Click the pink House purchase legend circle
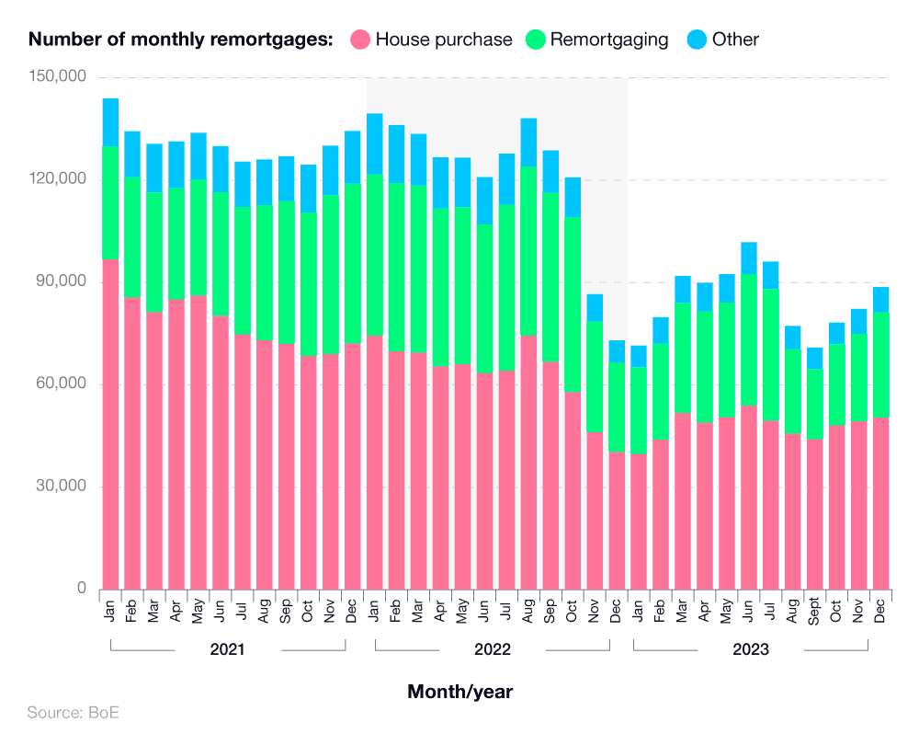pos(360,40)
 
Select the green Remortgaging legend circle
pos(535,40)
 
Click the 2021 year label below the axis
pos(227,649)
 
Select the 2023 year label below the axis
pos(751,649)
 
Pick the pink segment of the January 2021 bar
pos(110,423)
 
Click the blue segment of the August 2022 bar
pos(528,143)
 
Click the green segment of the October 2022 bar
pos(573,304)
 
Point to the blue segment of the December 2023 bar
pos(880,300)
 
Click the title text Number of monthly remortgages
pos(180,40)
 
